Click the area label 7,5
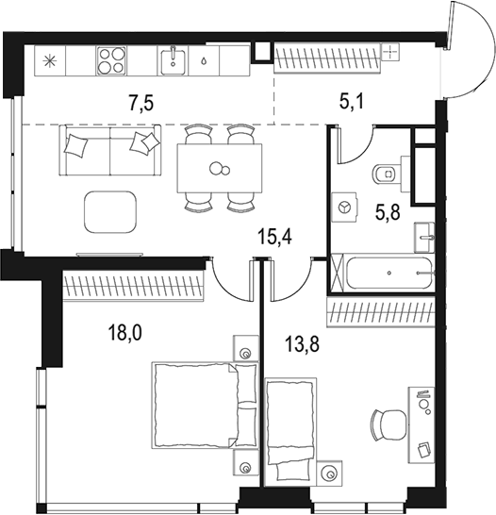[143, 102]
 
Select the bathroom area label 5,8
[389, 213]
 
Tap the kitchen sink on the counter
[173, 60]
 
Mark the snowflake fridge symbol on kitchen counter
[49, 61]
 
